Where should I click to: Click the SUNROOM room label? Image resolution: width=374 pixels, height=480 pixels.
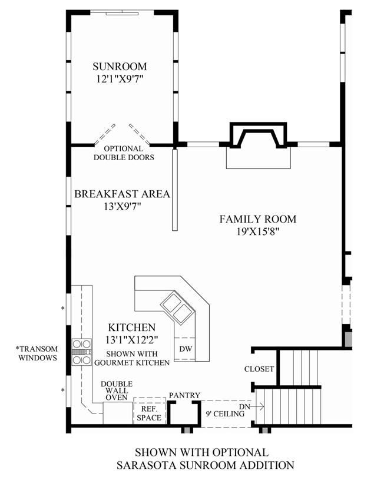[x=120, y=67]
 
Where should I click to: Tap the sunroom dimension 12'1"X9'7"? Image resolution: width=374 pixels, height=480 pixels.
[x=120, y=80]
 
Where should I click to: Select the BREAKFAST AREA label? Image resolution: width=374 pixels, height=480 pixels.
[x=122, y=194]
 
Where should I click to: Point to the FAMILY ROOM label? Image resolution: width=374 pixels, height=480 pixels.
[x=258, y=219]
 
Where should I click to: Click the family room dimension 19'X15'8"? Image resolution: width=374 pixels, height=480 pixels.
[x=259, y=231]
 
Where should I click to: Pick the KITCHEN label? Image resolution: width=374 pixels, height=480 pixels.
[x=131, y=327]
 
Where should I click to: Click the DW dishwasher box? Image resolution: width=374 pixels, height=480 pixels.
[x=186, y=349]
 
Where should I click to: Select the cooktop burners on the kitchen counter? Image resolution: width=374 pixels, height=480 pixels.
[x=82, y=352]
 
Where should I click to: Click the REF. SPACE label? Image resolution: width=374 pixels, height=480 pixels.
[x=149, y=413]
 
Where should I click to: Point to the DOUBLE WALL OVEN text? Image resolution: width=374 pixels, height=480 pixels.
[x=117, y=390]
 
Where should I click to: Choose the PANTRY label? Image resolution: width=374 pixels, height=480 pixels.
[x=185, y=395]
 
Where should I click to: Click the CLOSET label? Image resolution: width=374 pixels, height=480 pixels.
[x=259, y=369]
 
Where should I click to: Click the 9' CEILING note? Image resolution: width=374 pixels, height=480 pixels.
[x=225, y=414]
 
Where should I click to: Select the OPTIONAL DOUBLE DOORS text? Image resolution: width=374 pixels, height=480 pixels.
[x=124, y=153]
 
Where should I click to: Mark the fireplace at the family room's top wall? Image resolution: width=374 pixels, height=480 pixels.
[x=259, y=135]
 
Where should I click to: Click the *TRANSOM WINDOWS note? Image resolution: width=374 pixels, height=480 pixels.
[x=37, y=353]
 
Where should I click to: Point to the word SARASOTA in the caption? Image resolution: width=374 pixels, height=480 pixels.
[x=146, y=465]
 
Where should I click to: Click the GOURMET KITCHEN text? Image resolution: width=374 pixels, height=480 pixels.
[x=132, y=363]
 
